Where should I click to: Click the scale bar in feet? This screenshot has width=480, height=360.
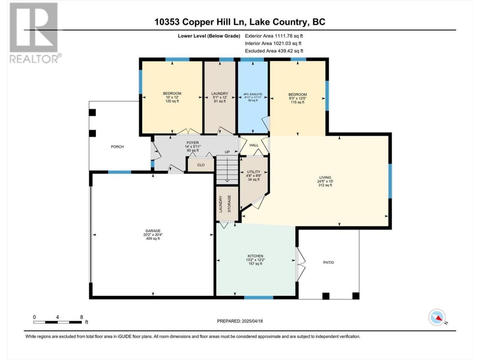click(x=57, y=322)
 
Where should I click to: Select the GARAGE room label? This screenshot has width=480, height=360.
click(x=153, y=231)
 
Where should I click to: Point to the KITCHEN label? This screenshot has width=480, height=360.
click(x=255, y=256)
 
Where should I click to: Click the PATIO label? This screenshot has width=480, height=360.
click(x=328, y=262)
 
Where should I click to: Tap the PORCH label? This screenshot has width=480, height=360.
click(x=117, y=147)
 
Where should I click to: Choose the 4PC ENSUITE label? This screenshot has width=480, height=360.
click(x=253, y=94)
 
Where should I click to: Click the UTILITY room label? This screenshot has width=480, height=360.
click(x=253, y=172)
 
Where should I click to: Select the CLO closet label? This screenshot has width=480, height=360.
click(x=201, y=165)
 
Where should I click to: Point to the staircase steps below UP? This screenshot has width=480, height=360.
click(x=227, y=170)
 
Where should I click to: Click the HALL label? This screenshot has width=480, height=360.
click(x=254, y=145)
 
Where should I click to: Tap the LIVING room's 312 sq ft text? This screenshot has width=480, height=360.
click(x=325, y=185)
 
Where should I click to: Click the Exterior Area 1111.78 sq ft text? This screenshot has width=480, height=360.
click(x=274, y=36)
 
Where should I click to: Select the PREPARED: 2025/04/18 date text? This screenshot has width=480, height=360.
click(x=240, y=321)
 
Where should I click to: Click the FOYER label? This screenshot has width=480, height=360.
click(x=193, y=142)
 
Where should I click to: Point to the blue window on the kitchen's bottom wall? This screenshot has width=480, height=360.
click(x=259, y=297)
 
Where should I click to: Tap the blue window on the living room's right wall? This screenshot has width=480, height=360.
click(x=390, y=181)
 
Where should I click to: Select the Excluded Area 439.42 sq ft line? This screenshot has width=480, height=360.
click(x=274, y=51)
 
